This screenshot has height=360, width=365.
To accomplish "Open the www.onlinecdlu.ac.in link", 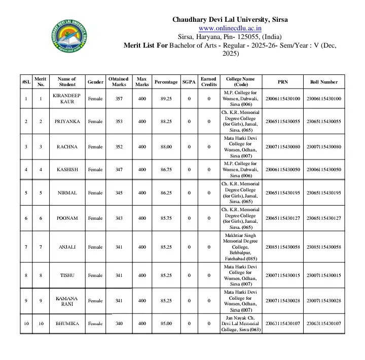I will click(230, 28).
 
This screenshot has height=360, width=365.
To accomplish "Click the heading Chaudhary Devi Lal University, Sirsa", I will click(230, 20).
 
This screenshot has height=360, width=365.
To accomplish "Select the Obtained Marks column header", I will click(118, 82).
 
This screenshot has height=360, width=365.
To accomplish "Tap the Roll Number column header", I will click(323, 82).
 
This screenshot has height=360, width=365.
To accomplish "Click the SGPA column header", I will click(189, 82).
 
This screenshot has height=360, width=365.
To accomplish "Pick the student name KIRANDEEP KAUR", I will click(66, 98).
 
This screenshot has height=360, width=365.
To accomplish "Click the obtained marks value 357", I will click(118, 98).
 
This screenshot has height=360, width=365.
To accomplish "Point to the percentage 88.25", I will click(166, 122).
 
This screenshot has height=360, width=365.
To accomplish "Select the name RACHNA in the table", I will click(66, 147).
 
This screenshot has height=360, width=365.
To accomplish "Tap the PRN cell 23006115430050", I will click(282, 170).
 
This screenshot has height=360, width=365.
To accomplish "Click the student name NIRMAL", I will click(66, 193).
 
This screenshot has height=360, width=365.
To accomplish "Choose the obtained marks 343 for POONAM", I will click(118, 218).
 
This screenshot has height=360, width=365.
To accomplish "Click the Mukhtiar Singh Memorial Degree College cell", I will click(240, 247).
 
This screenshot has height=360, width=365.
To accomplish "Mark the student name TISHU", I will click(66, 275).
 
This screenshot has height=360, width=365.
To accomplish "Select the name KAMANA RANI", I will click(66, 301).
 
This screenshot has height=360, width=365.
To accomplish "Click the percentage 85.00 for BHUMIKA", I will click(166, 324).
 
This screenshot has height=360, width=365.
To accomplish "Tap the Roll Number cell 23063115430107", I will click(323, 324).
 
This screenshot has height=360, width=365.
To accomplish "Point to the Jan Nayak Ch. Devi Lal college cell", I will click(240, 324).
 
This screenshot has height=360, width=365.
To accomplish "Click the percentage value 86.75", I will click(166, 170).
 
